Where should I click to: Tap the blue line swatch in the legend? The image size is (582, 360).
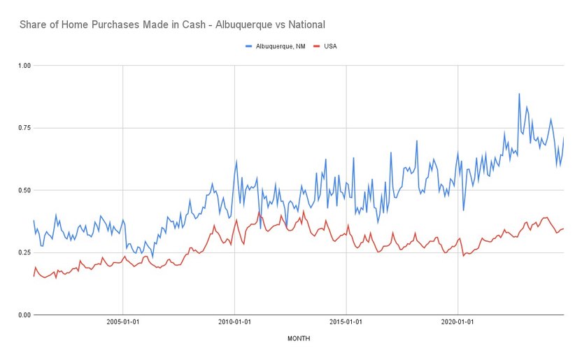(x=250, y=46)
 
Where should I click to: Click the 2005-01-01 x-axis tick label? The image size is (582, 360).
(x=123, y=323)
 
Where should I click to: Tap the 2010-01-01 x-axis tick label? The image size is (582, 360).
(x=235, y=323)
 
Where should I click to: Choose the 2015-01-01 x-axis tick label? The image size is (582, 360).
(x=346, y=323)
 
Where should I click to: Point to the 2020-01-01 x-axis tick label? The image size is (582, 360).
(x=457, y=323)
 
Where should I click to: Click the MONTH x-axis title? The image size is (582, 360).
(x=299, y=338)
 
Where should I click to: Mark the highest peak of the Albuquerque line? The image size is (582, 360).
(x=519, y=94)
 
